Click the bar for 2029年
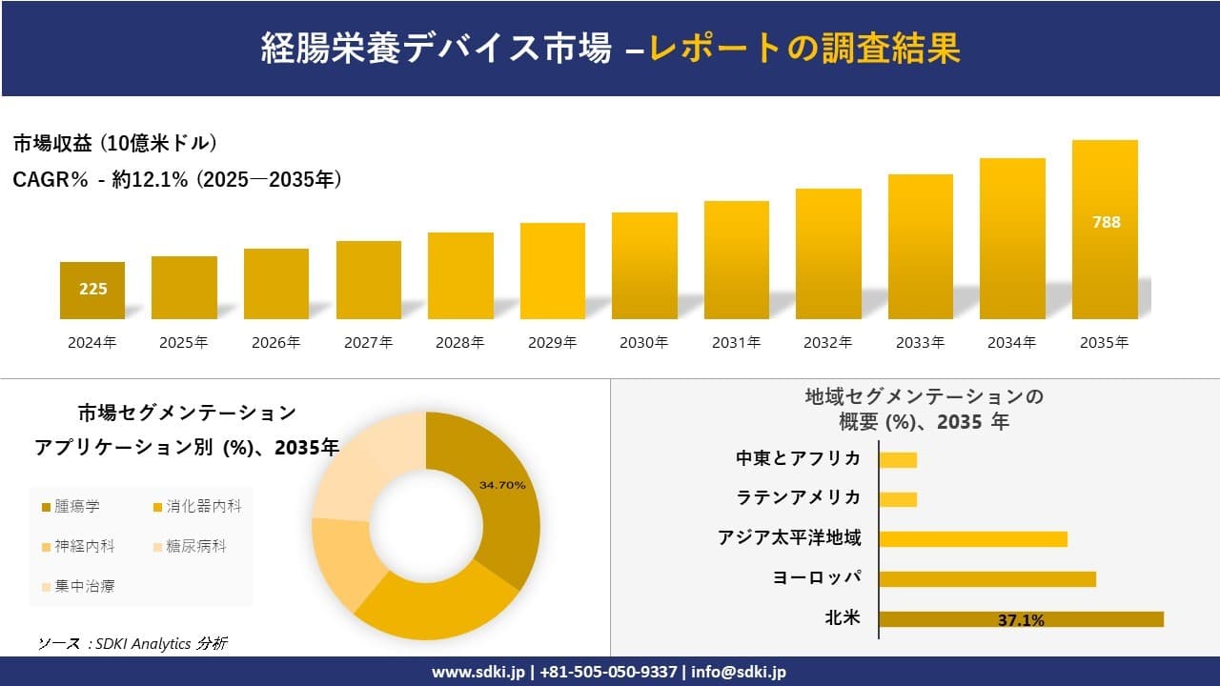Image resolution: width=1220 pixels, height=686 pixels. pos(553,272)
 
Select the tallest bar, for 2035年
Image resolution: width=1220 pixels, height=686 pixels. pos(1105,230)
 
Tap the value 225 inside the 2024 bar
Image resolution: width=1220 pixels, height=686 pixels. pos(93,290)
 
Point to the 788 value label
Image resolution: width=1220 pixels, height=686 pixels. pos(1106,222)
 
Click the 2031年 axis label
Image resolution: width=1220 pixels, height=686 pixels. pos(736,343)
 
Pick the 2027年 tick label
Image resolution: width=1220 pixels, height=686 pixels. pos(368,343)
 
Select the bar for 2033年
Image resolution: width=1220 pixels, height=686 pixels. pos(921,247)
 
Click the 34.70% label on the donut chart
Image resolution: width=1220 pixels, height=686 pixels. pos(502,486)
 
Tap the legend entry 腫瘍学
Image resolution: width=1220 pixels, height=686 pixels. pos(71,507)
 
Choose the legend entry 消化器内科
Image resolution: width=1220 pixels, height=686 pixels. pos(196,507)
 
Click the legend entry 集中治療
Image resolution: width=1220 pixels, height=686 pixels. pos(78,586)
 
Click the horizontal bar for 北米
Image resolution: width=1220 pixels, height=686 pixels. pos(1021,619)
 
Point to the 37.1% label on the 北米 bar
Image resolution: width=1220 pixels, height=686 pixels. pos(1021,620)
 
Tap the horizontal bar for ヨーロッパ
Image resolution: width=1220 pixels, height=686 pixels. pos(987,579)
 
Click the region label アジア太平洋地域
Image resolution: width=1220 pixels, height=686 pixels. pos(789,538)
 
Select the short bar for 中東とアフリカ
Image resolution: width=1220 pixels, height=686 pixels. pos(898,460)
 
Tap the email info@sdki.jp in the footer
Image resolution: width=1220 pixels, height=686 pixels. pos(739,672)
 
